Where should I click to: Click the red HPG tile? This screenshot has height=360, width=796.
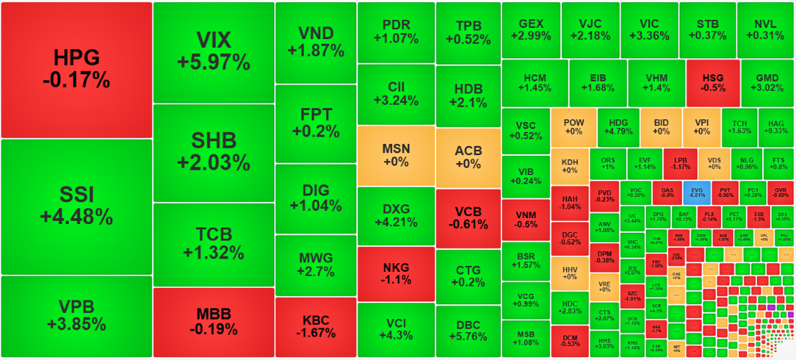tap(76, 69)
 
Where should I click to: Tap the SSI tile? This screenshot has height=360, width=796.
tap(76, 206)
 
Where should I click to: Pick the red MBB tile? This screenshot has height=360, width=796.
tap(213, 322)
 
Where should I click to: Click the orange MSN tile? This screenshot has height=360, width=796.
tap(395, 156)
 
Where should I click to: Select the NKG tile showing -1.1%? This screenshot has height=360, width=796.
tap(395, 274)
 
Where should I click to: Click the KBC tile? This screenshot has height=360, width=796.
tap(315, 327)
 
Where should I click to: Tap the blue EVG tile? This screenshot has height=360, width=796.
tap(696, 192)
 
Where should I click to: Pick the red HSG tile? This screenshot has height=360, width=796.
tap(712, 83)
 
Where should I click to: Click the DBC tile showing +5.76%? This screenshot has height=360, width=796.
tap(468, 331)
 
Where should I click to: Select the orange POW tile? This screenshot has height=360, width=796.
tap(573, 127)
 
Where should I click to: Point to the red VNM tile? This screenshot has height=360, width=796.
tap(525, 219)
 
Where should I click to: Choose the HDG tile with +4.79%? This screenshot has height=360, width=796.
tap(618, 127)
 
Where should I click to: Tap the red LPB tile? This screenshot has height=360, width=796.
tap(681, 163)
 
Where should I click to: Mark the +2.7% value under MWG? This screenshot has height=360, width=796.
tap(315, 271)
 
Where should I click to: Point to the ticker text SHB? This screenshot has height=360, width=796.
tap(213, 141)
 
